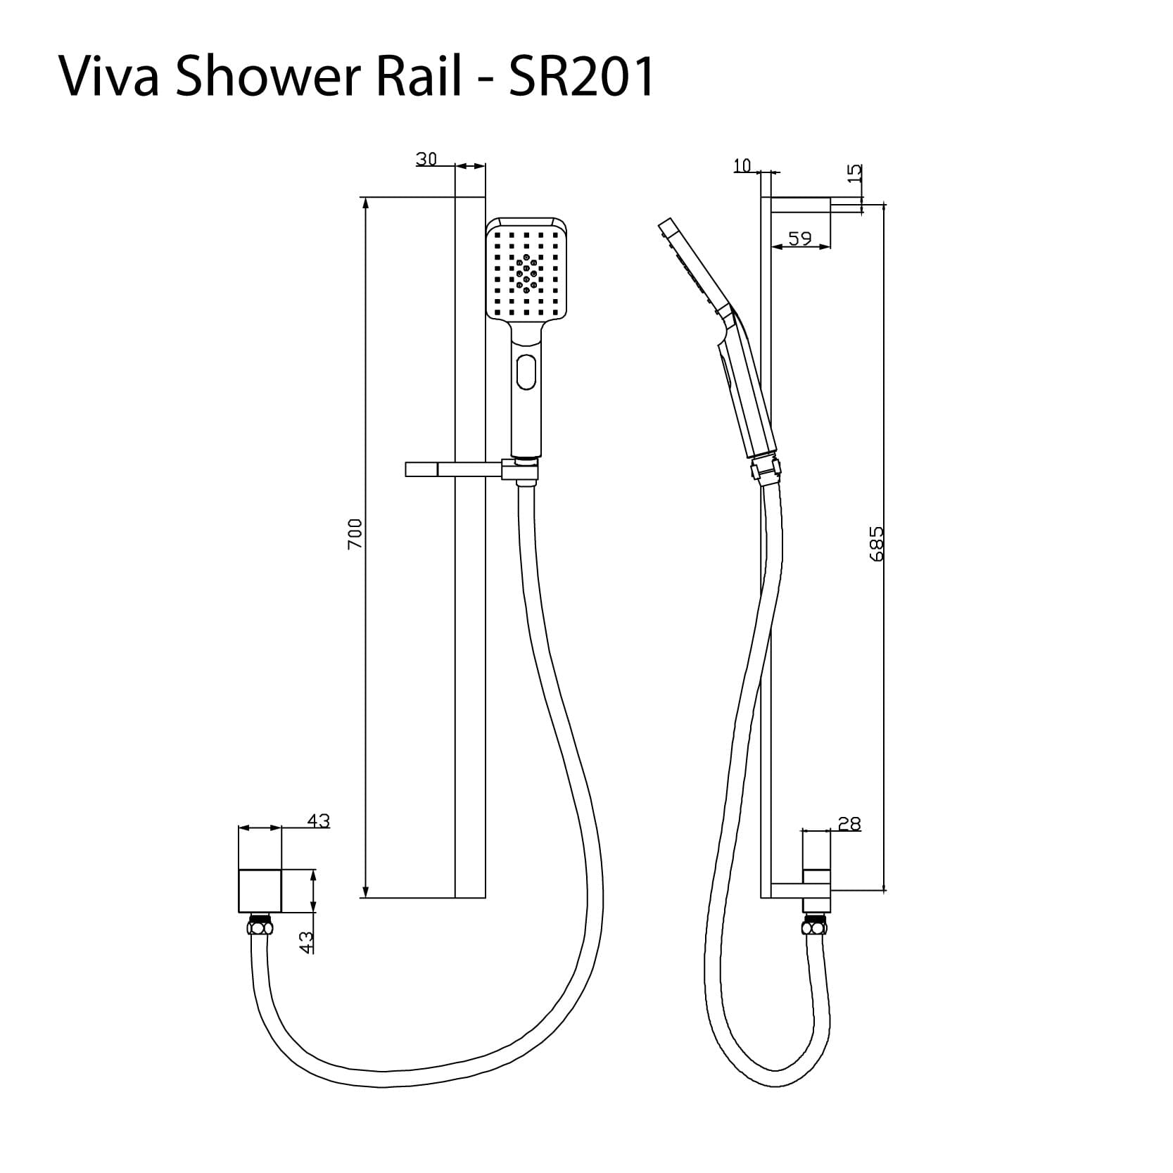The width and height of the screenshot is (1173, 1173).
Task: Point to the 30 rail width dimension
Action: [426, 160]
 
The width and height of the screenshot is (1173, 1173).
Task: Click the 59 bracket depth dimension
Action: [799, 239]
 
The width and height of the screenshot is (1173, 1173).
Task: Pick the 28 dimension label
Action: [849, 824]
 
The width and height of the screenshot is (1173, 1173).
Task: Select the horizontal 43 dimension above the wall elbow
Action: [318, 821]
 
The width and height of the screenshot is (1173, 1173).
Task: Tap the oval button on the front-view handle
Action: [526, 372]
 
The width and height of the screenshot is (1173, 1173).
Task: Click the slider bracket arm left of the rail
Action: [429, 469]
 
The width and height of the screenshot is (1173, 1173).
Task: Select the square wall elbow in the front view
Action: [260, 891]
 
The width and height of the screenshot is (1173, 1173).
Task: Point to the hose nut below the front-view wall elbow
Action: [260, 926]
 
